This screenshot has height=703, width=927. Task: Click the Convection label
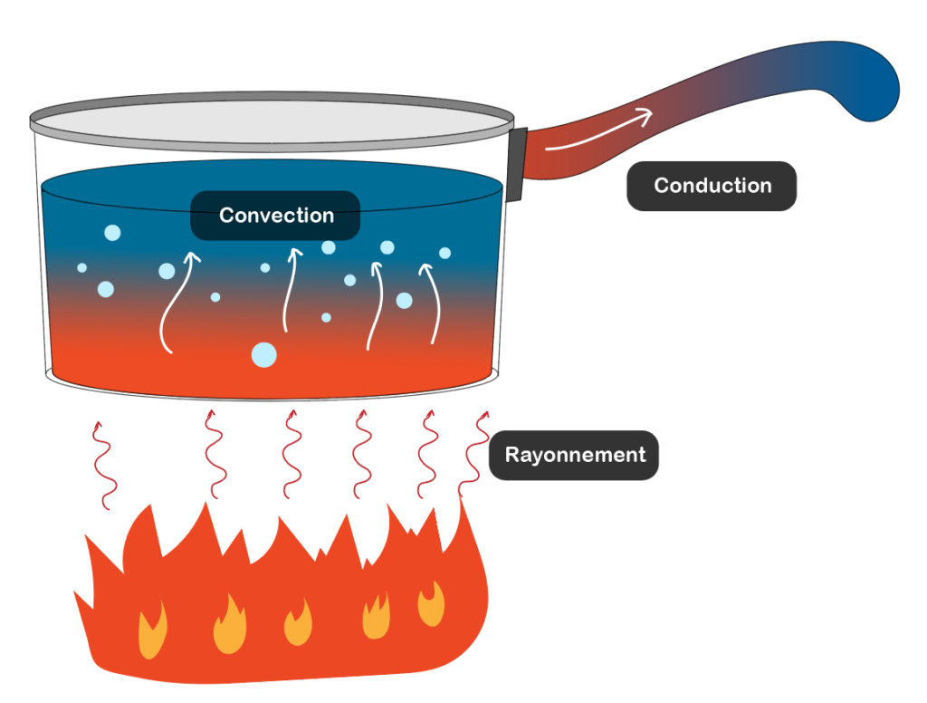275,216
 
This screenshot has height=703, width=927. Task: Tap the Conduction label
712,186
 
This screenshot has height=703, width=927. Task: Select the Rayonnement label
574,455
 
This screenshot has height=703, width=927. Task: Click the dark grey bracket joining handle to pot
517,164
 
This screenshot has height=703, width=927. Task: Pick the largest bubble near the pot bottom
263,355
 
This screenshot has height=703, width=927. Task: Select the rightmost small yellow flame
431,604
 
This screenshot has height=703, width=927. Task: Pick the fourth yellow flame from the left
376,617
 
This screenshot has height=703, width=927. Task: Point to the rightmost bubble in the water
444,253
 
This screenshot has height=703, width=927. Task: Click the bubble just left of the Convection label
112,233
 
